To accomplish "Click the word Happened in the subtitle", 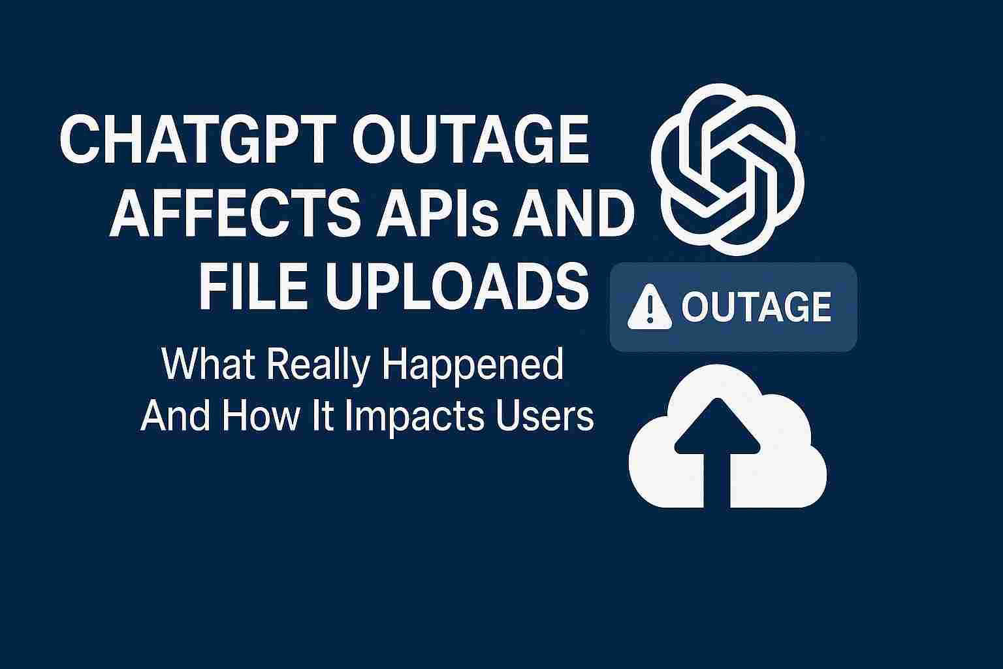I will click(x=471, y=366).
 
